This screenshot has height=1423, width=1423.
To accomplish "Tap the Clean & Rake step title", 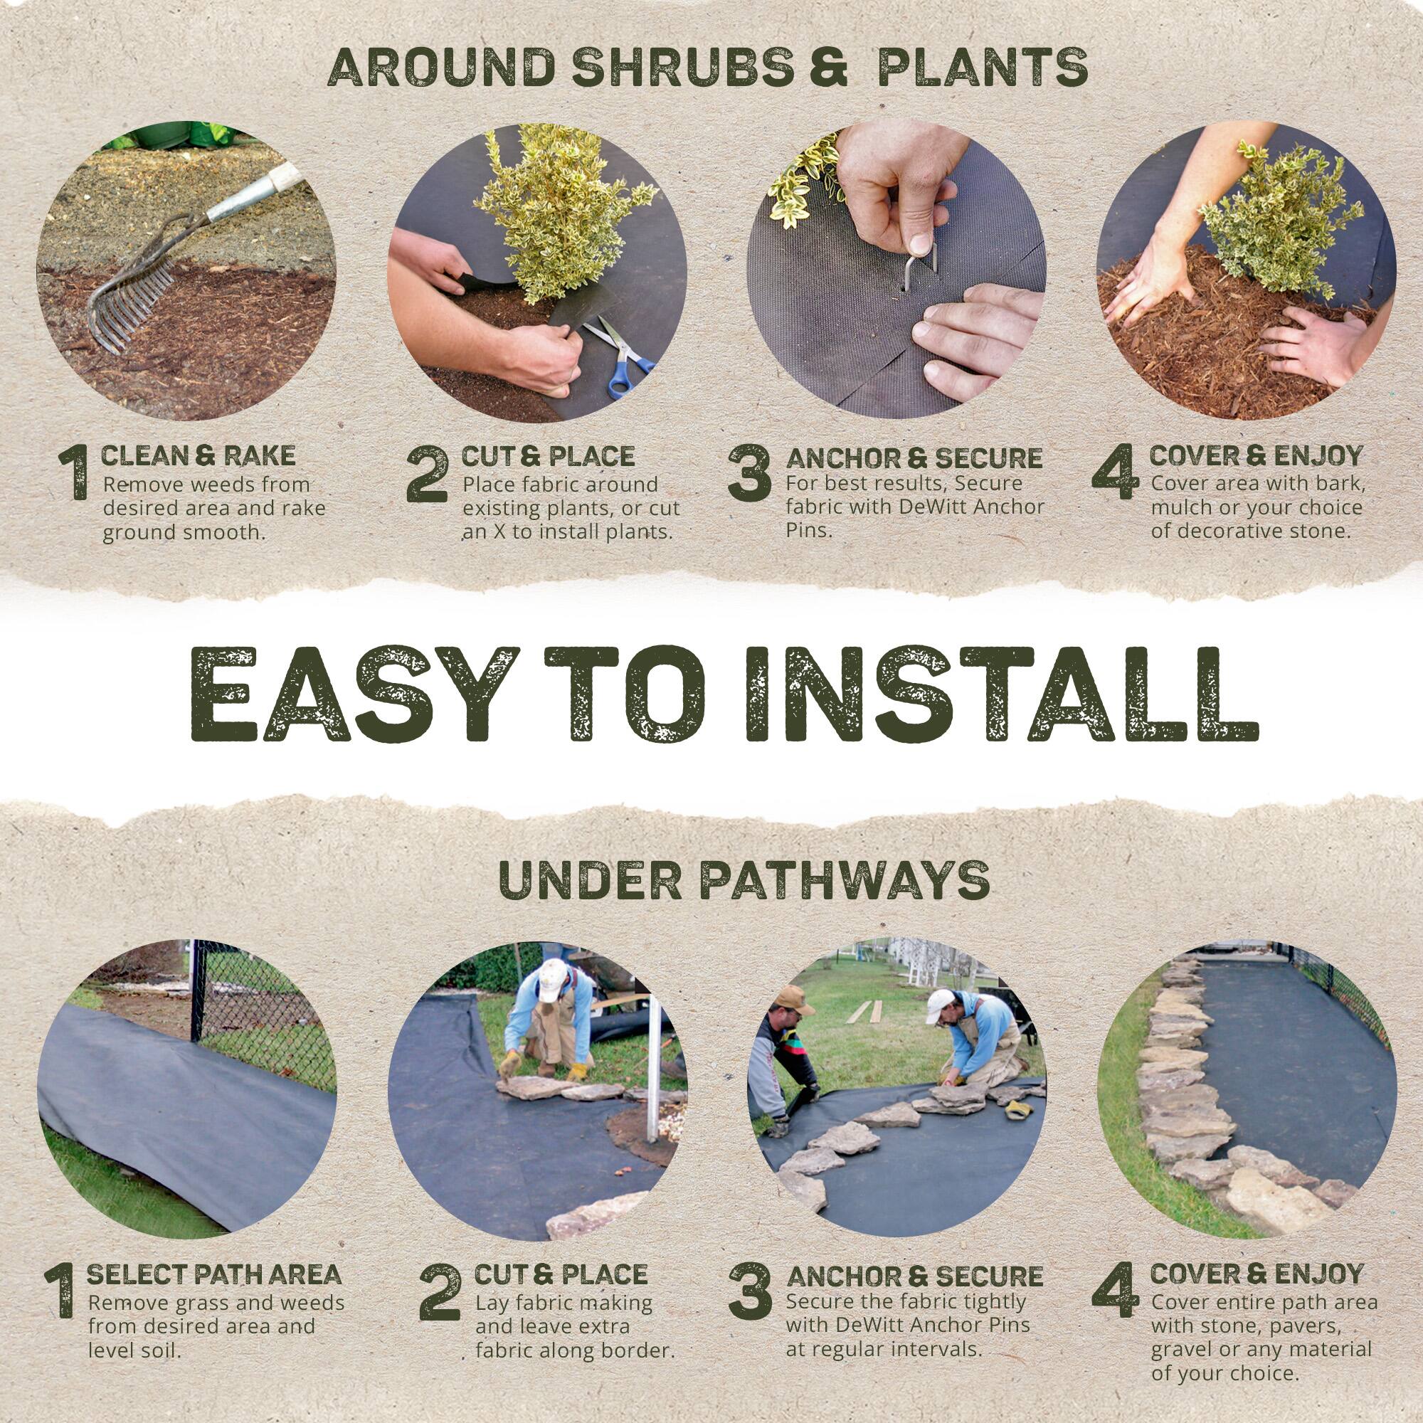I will [198, 456].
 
